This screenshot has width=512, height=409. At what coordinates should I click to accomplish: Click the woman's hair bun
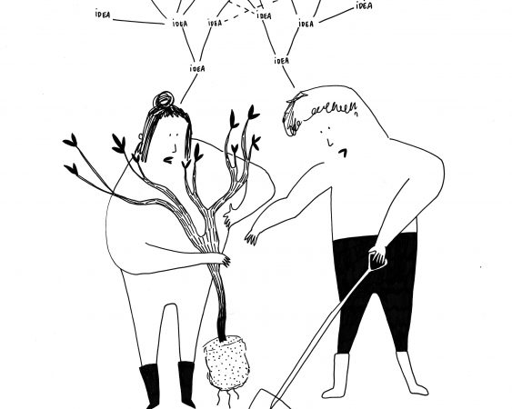point(164,100)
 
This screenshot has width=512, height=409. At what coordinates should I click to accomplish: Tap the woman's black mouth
point(168,160)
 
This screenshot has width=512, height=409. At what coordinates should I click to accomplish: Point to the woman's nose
point(176,148)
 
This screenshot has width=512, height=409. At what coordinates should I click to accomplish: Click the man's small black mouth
point(343,153)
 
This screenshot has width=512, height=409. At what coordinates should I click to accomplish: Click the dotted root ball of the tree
point(226,363)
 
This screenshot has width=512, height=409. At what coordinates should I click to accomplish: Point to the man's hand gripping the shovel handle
point(377,257)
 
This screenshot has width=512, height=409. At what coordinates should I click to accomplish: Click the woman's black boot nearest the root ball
point(187,384)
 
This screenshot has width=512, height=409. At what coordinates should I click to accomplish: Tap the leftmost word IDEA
point(103,15)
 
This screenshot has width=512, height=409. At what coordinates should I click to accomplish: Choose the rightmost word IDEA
point(364,5)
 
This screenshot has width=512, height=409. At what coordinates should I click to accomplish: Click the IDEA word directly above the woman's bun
point(197,68)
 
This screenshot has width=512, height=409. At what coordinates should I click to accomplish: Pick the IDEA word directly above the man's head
point(282,61)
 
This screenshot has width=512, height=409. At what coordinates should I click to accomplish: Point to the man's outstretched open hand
point(252,237)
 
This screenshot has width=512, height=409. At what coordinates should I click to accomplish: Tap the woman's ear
point(140,137)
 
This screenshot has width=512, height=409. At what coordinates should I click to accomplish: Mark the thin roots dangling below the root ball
point(227,398)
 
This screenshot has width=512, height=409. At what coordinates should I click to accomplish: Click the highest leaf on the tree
point(253,113)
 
